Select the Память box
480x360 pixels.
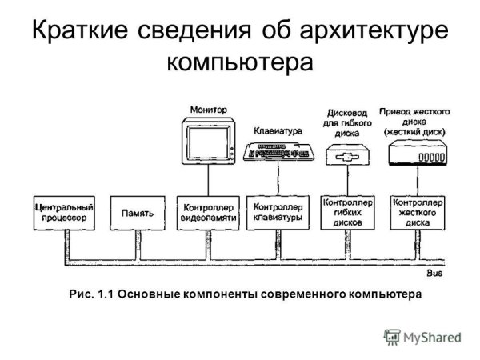[x=133, y=214]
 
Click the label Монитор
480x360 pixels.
[x=208, y=109]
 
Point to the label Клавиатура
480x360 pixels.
[x=278, y=129]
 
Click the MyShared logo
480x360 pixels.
[x=422, y=336]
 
